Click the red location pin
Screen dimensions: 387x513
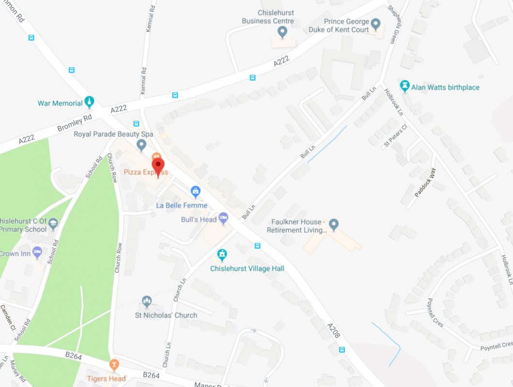[x=158, y=167]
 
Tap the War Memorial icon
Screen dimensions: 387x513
[x=89, y=102]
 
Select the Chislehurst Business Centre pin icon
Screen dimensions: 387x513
[x=282, y=32]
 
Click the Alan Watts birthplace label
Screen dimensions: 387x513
[x=445, y=88]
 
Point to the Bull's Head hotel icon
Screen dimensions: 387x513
[x=223, y=219]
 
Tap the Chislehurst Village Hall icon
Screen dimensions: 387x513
[x=222, y=254]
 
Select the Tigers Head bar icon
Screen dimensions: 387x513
[x=114, y=364]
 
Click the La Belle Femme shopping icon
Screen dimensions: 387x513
[x=195, y=192]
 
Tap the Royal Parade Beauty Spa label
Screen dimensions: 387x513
[x=113, y=134]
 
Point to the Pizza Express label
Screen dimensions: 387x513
[x=146, y=172]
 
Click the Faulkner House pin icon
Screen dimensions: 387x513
[x=333, y=224]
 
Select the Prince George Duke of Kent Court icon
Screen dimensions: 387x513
[x=376, y=23]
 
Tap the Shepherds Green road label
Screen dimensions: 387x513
[x=395, y=24]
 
